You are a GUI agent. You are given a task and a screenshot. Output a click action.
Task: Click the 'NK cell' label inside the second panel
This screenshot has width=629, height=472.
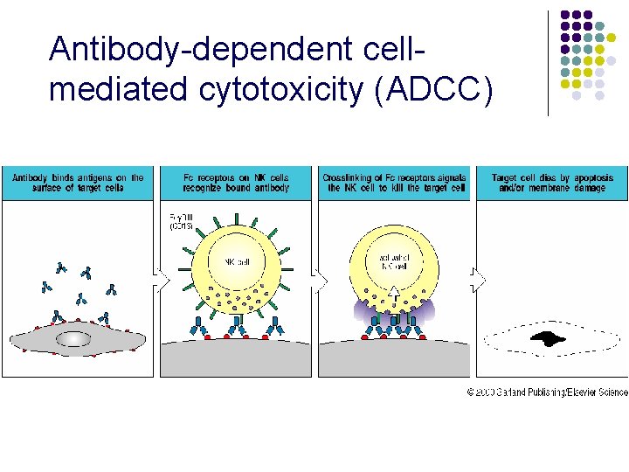[236, 261]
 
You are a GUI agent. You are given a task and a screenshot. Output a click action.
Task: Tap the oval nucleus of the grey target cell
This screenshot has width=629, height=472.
[73, 338]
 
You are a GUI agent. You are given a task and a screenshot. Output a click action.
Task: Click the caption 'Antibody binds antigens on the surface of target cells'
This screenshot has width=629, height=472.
[78, 183]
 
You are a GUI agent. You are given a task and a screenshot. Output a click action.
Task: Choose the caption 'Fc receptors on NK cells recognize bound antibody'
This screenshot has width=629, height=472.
[236, 183]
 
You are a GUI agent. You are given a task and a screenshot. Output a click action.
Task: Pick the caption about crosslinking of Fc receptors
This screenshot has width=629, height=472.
[394, 183]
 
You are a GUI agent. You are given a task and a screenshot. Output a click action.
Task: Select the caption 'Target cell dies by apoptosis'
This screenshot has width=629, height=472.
[552, 183]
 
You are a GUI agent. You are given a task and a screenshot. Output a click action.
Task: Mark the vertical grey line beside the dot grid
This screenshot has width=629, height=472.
[549, 63]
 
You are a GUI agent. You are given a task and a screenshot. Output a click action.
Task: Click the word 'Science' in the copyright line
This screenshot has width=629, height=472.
[610, 393]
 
